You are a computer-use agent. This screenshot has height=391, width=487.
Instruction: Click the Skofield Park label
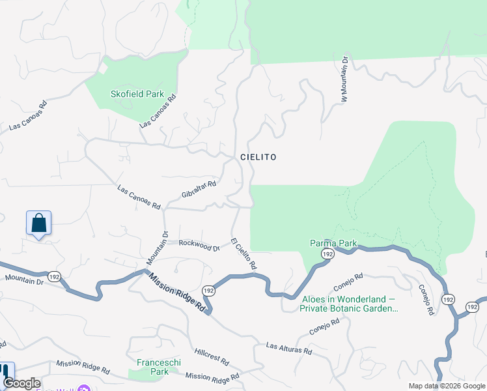pos(137,94)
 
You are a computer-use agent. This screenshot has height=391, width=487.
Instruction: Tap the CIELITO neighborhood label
pos(258,157)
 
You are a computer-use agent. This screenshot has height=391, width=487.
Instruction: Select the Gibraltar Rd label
pos(199,190)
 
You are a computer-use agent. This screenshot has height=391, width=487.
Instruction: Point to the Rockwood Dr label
pos(199,246)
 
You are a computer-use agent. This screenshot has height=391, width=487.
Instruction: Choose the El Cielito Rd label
pos(244,253)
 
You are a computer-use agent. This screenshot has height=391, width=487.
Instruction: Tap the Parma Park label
pos(333,244)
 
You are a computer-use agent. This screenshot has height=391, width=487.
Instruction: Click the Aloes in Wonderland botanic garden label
pos(350,304)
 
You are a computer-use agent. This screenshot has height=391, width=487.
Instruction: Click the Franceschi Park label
pos(153,366)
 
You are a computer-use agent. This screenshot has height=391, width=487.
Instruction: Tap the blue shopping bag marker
pos(39,223)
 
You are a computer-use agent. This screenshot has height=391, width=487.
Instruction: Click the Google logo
pos(22,383)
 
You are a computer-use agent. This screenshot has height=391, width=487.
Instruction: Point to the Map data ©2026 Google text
pos(447,386)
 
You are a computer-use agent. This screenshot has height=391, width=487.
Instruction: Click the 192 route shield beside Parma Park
pos(327,253)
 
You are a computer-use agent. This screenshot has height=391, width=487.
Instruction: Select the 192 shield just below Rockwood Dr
pos(208,290)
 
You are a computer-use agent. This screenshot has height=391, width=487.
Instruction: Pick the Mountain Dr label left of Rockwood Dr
pos(157,248)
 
